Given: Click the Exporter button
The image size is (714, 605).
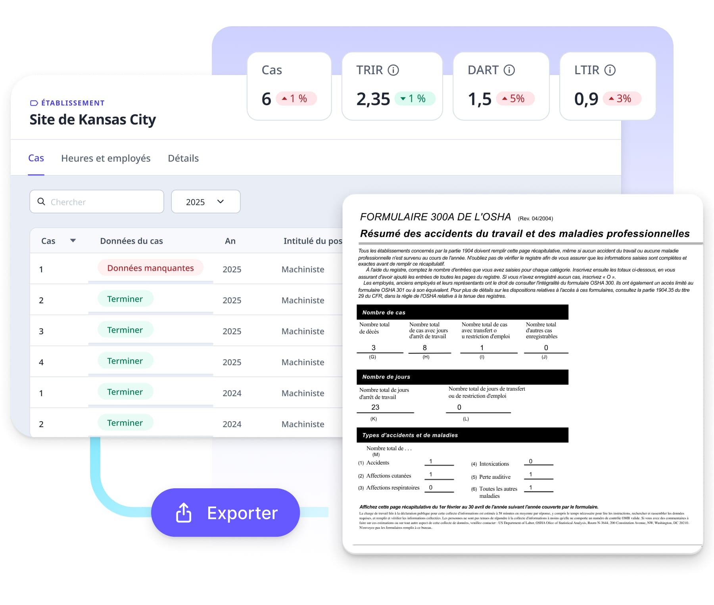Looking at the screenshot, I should coord(225,513).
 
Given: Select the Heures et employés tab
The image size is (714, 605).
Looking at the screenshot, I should coord(106,158).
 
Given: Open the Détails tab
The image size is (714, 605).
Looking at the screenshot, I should coord(183,158).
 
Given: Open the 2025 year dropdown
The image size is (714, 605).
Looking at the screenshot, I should coord(205,202).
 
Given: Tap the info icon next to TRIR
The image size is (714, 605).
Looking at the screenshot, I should coord(393,70).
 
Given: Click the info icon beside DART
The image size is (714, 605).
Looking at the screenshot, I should coord(509,70).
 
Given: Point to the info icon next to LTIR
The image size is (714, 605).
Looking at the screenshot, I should coord(610,70).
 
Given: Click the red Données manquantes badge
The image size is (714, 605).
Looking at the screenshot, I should coord(150,268).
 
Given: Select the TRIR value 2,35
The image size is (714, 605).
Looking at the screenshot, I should coord(373,99).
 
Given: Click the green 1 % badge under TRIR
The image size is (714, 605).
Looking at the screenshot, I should coord(415,98).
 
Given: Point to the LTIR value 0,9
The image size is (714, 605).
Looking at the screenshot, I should coord(586,99).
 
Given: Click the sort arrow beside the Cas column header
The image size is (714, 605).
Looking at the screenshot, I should coord(73,241).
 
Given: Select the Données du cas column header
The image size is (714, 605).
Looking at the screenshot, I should coord(131,241).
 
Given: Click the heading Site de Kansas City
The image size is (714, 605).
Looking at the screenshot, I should coord(92,119).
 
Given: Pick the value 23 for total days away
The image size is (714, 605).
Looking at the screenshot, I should coord(375,407).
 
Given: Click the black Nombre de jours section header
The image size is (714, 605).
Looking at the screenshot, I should coord(462,377).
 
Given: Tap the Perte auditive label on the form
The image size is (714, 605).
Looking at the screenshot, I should coord(495,477).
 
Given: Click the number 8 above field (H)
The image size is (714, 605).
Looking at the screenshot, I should coord(425,348).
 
